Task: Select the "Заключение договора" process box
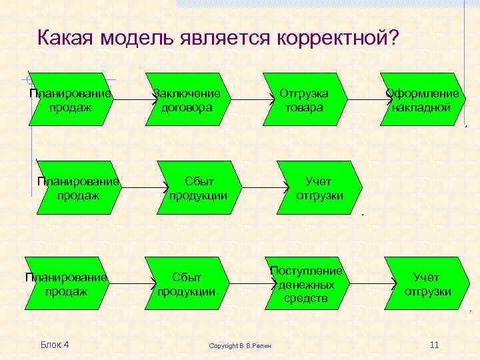(x=189, y=99)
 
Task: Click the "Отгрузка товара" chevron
(x=303, y=99)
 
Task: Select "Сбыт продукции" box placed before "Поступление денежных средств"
(x=189, y=284)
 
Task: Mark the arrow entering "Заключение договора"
(x=133, y=100)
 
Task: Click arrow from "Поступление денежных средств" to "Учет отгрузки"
(x=367, y=284)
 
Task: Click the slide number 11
(x=434, y=345)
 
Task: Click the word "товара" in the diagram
(x=303, y=107)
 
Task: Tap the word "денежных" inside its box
(x=306, y=285)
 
